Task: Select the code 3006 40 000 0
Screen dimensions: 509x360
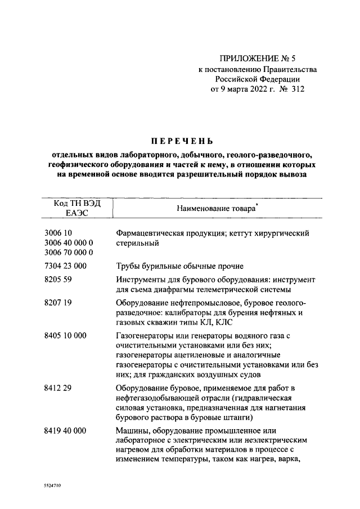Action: click(x=68, y=244)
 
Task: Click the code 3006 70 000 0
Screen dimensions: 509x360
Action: click(x=68, y=254)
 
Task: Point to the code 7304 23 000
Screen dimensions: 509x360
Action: click(x=65, y=267)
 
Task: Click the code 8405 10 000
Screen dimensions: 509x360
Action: click(x=65, y=336)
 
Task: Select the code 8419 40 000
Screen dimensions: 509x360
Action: click(x=65, y=431)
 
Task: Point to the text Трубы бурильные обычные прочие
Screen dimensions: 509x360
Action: click(x=179, y=267)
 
